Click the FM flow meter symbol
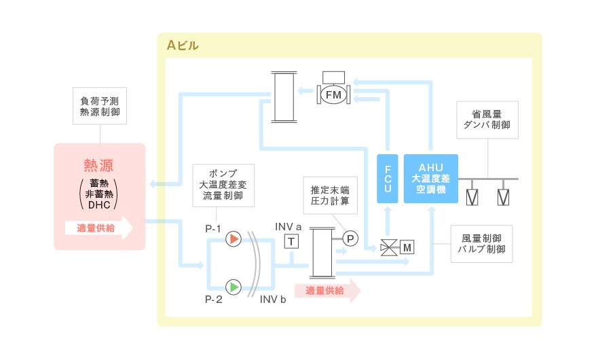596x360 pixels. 333,94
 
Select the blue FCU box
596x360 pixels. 388,179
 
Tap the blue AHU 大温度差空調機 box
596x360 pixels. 430,179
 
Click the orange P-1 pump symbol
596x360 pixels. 234,239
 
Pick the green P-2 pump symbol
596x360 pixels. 234,287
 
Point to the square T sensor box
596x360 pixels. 291,241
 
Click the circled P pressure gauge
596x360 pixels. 350,238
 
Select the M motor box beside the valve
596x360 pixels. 407,247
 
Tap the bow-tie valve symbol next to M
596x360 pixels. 389,248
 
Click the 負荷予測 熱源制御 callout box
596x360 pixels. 100,106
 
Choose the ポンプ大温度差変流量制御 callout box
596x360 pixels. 223,185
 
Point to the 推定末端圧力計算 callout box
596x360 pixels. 331,196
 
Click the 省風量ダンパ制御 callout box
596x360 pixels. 487,120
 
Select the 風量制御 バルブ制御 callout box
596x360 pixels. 481,244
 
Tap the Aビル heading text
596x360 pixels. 183,46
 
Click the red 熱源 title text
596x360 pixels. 99,165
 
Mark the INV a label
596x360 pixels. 288,227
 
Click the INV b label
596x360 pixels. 273,300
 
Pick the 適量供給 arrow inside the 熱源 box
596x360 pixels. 99,228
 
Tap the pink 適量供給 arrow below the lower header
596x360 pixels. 328,291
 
